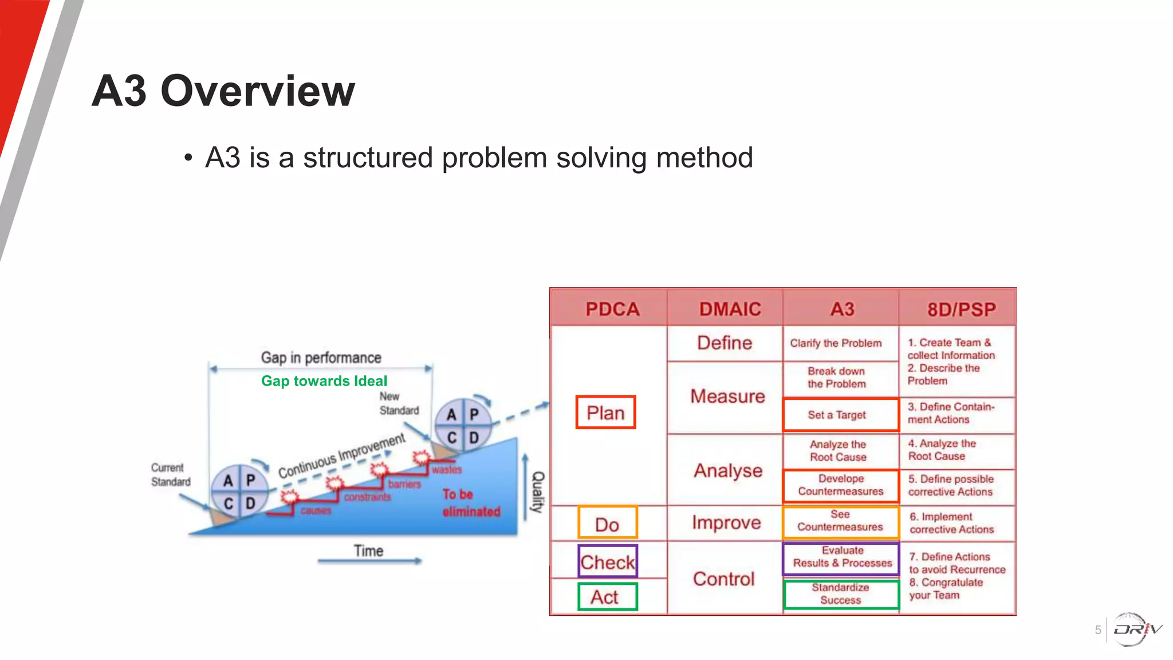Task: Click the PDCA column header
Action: [612, 309]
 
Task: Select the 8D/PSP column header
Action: [961, 309]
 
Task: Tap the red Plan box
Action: [605, 412]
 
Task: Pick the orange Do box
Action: [607, 524]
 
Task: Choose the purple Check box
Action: [607, 561]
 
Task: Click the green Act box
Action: [606, 597]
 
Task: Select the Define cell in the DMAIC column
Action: [725, 343]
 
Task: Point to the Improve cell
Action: [726, 522]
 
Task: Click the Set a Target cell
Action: [840, 415]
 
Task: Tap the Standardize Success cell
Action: [840, 594]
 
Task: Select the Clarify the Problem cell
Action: [836, 343]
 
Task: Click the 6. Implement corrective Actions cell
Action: [952, 523]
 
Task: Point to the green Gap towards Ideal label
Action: [324, 381]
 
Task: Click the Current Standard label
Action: [170, 475]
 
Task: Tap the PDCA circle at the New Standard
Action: [463, 426]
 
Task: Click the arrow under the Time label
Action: [369, 561]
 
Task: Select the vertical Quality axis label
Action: [538, 492]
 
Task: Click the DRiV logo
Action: [1136, 630]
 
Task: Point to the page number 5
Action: [1097, 630]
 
